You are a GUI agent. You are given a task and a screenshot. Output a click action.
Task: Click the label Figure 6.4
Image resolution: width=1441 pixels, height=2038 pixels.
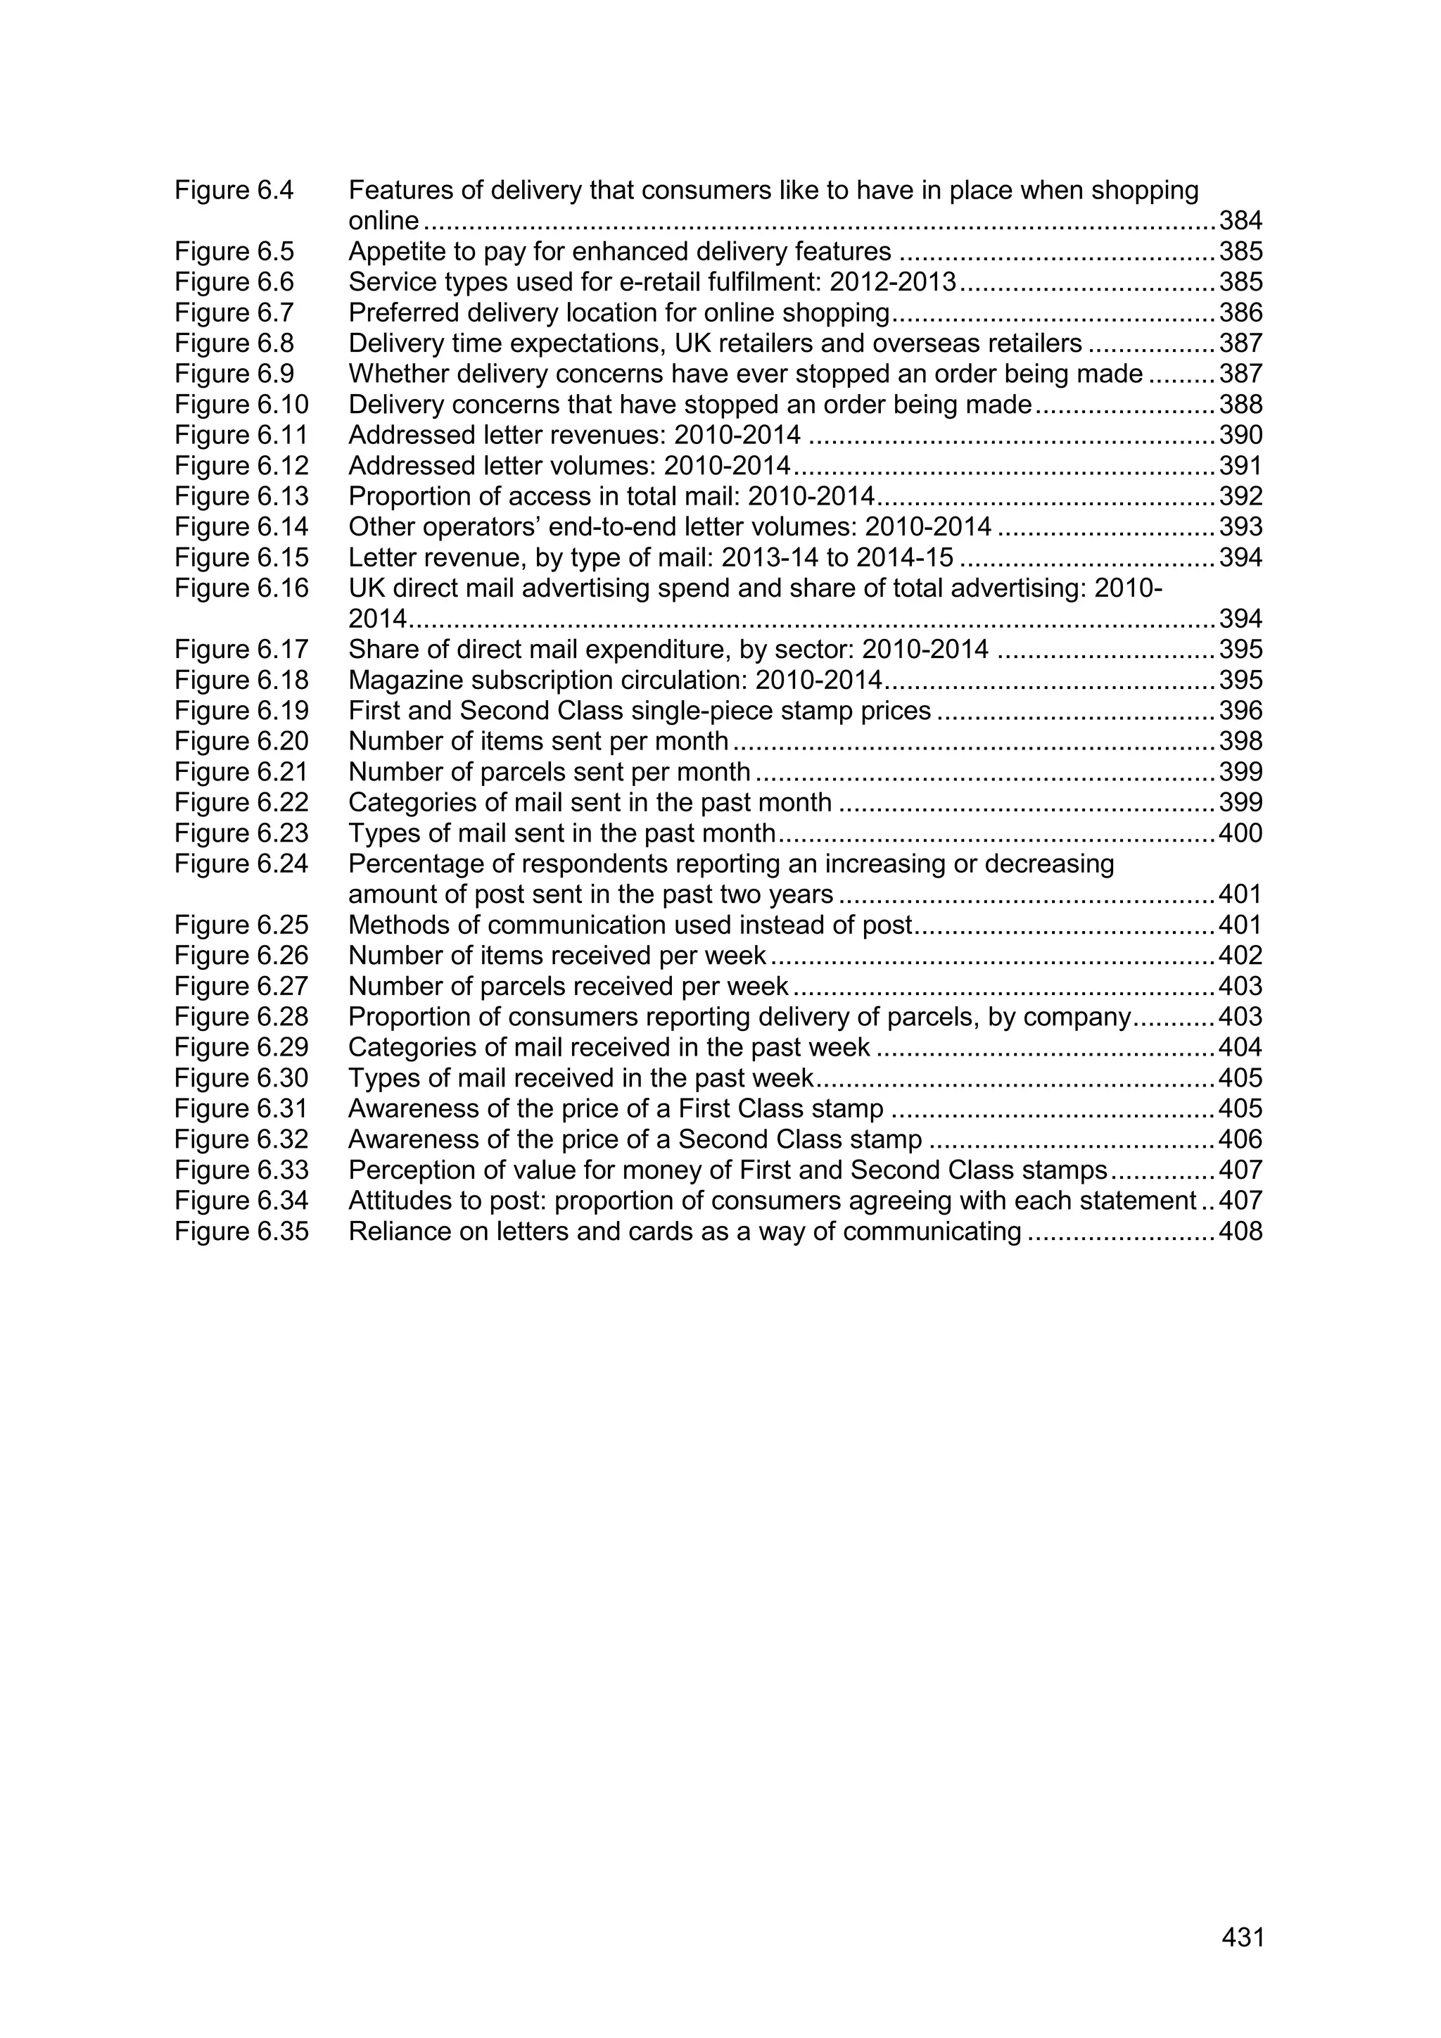click(x=234, y=190)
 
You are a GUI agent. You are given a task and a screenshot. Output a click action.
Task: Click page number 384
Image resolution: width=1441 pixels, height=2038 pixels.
click(x=1240, y=221)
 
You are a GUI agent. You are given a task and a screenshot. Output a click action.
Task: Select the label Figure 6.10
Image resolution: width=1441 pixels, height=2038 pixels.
click(x=241, y=405)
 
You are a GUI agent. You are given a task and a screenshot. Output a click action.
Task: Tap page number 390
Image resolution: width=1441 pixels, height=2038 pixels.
click(x=1240, y=435)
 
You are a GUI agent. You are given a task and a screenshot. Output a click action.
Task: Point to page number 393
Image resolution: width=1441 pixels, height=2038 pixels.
click(x=1240, y=527)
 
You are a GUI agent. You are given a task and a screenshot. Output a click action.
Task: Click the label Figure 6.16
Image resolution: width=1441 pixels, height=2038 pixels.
click(x=241, y=588)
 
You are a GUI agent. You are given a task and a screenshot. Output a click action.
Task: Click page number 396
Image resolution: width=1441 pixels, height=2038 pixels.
click(x=1240, y=711)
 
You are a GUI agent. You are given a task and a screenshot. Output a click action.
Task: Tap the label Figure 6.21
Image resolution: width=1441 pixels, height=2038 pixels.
click(x=241, y=772)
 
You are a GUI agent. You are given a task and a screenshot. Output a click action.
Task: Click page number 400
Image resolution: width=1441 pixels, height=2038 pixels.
click(x=1240, y=833)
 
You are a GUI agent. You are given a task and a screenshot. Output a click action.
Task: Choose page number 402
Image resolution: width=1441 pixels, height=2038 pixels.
click(x=1240, y=956)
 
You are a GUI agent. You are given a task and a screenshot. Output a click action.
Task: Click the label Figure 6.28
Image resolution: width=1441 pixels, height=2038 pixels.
click(x=241, y=1017)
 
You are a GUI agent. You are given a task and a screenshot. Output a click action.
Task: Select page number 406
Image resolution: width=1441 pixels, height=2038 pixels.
click(x=1240, y=1140)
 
